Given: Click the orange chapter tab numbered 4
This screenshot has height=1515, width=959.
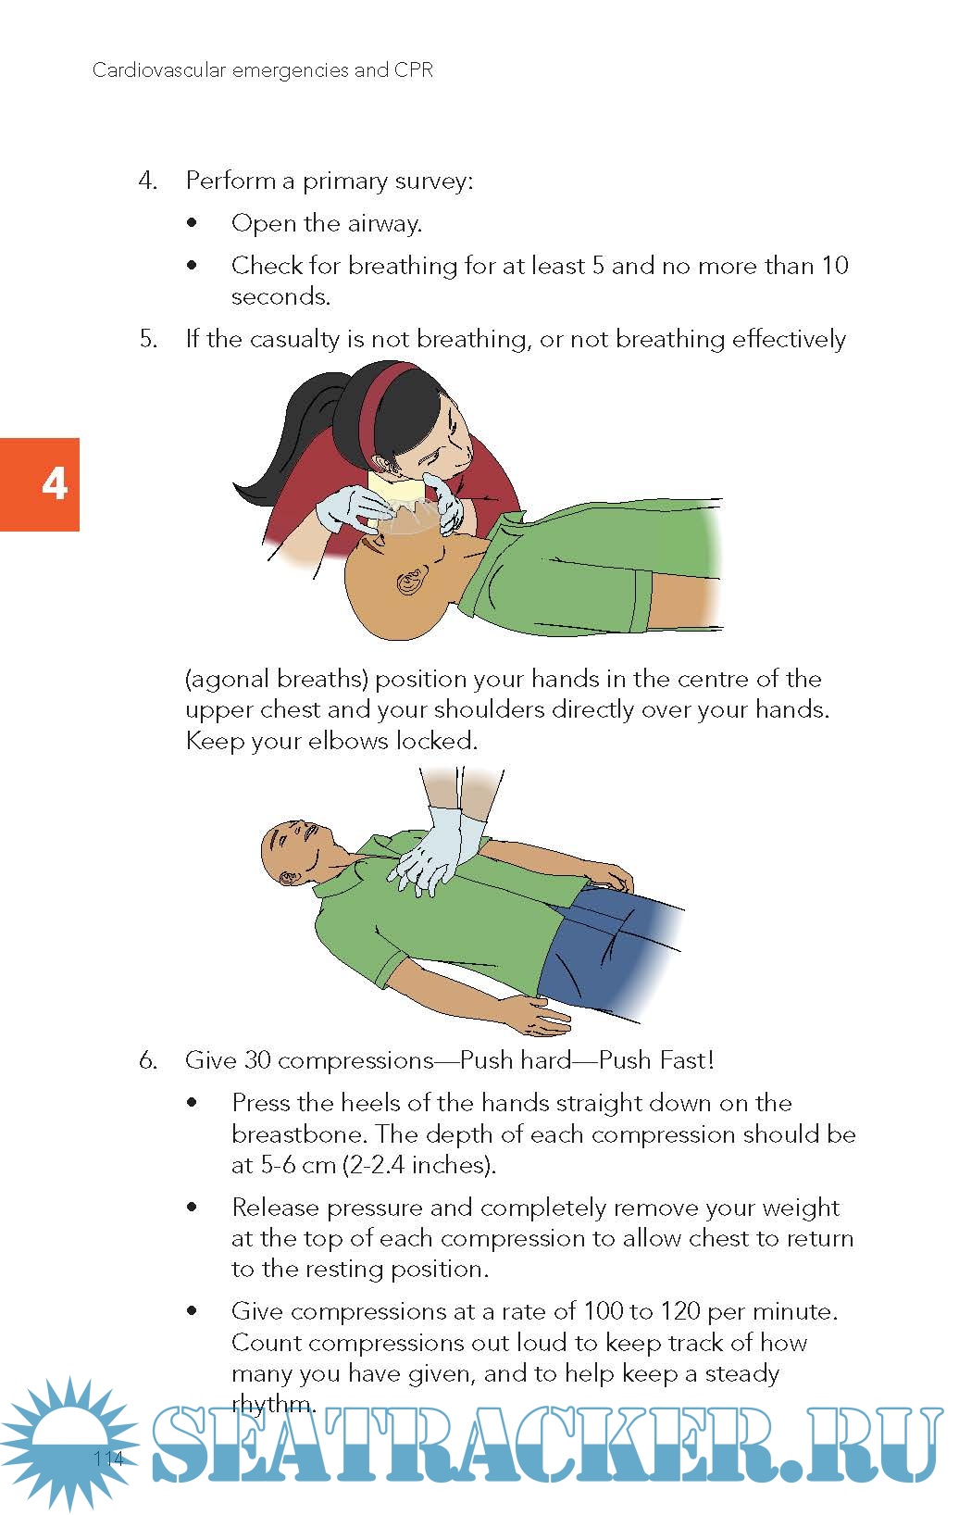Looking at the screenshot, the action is click(39, 484).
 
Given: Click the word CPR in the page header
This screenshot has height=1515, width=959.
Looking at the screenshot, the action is click(413, 69).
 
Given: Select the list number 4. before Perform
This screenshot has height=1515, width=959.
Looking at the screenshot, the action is click(148, 181).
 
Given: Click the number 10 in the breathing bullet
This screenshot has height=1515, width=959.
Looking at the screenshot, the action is click(835, 265).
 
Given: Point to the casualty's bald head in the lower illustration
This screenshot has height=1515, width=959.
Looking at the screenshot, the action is click(288, 849).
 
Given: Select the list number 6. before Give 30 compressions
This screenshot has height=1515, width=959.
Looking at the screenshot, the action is click(148, 1059).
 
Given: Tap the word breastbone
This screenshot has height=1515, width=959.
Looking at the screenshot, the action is click(297, 1133).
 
